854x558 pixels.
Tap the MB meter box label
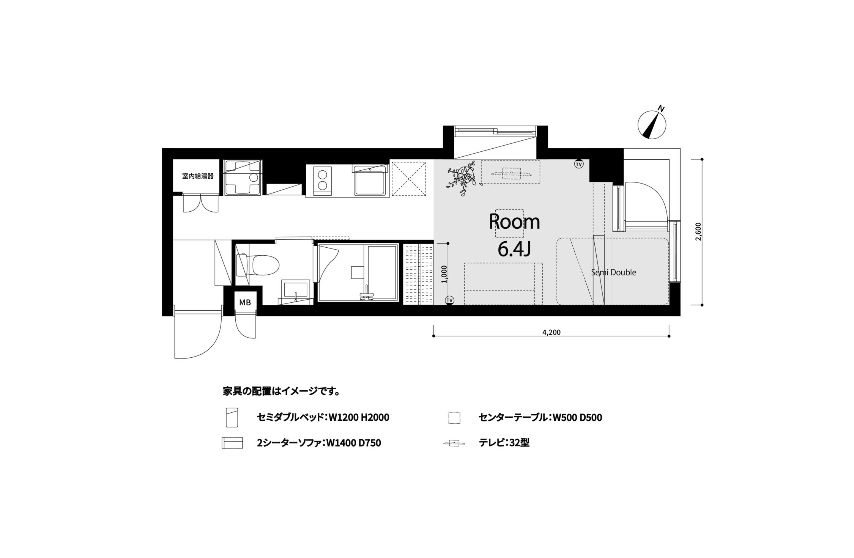(x=245, y=303)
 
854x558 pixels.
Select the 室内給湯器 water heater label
(x=198, y=176)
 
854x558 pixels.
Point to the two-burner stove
(x=322, y=181)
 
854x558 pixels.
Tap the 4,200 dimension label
(x=551, y=333)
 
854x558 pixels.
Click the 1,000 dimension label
(x=445, y=274)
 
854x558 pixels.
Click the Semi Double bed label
(x=614, y=272)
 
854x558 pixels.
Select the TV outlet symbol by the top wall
(x=579, y=164)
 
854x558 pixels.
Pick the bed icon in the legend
(x=232, y=417)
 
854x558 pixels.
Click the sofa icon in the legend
(x=232, y=443)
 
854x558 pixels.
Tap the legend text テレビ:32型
(x=504, y=443)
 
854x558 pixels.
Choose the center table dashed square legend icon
(x=454, y=418)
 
